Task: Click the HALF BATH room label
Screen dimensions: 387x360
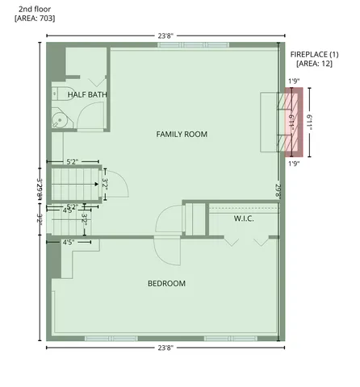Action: [x=88, y=95]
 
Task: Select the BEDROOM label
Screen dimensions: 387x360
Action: [x=166, y=284]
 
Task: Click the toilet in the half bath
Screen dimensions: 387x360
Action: [x=63, y=94]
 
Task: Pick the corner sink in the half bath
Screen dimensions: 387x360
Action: [x=59, y=120]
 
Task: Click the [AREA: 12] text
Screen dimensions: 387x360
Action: [x=313, y=63]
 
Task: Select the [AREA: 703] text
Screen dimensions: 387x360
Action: [x=35, y=18]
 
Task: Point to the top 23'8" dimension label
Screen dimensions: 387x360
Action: [x=165, y=35]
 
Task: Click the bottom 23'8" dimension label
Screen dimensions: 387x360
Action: [x=165, y=347]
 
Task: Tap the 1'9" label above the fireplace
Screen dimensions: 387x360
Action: [x=295, y=81]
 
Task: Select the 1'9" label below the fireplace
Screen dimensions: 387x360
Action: [x=295, y=163]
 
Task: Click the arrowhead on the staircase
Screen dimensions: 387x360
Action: [x=96, y=184]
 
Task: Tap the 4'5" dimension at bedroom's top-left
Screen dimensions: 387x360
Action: [x=69, y=241]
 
